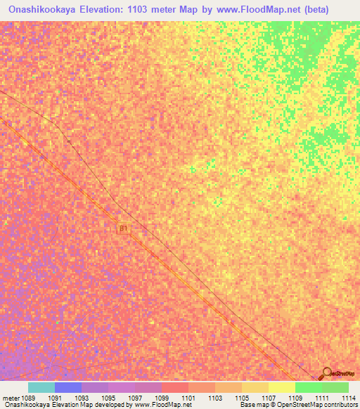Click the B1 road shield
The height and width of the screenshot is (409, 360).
pyautogui.click(x=124, y=229)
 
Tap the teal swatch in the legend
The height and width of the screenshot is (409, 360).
pyautogui.click(x=41, y=387)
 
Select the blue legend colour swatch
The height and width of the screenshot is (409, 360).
pyautogui.click(x=68, y=387)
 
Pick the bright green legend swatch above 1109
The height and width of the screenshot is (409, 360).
pyautogui.click(x=308, y=387)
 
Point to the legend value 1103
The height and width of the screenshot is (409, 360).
pyautogui.click(x=216, y=397)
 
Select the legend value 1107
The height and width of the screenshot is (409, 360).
pyautogui.click(x=269, y=397)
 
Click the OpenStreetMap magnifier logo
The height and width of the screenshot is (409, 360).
pyautogui.click(x=326, y=373)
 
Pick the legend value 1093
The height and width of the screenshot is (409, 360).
pyautogui.click(x=82, y=397)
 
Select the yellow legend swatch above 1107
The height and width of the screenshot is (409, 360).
pyautogui.click(x=255, y=387)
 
